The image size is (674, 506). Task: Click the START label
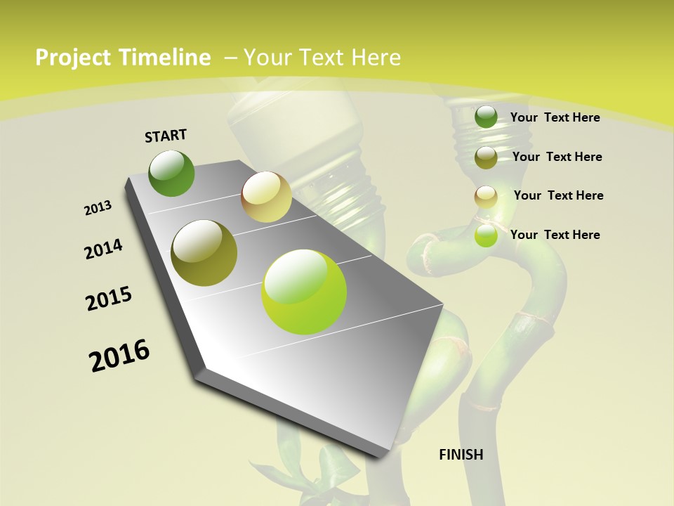point(166,135)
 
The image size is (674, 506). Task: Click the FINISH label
point(461,455)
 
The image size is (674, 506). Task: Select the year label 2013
point(98,208)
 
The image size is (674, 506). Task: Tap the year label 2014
point(103,249)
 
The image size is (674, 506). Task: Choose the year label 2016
point(119,356)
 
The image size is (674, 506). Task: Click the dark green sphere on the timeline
point(172,174)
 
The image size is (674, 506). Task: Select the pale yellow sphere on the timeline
point(266,197)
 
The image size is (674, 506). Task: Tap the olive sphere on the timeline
point(204,253)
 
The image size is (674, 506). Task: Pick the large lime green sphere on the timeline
point(304,292)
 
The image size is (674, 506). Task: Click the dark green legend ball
point(486,117)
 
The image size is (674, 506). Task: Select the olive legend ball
point(486,157)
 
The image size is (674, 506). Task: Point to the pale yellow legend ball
point(486,197)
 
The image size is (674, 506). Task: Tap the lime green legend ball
point(486,235)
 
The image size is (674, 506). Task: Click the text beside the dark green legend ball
point(555,117)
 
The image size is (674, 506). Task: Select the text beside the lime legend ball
point(555,235)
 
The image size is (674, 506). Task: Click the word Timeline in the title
point(165,58)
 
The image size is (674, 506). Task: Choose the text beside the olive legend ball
point(557,157)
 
